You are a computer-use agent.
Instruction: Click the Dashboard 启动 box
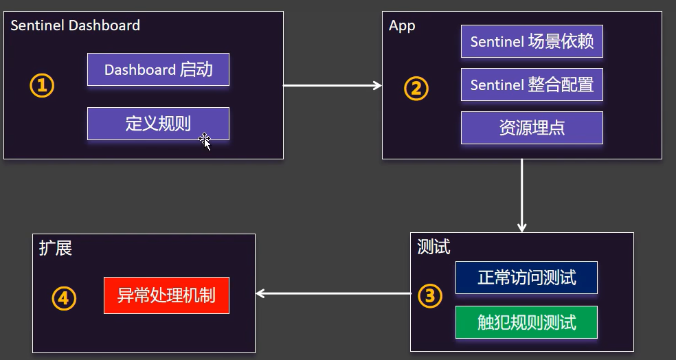[x=158, y=69]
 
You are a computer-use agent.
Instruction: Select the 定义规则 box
[x=158, y=124]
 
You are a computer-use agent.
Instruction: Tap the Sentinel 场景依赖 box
[x=532, y=41]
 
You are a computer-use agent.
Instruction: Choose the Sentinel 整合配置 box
[x=532, y=85]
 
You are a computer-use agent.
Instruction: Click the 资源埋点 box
[x=532, y=128]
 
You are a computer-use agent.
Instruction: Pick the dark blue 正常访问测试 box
[x=526, y=278]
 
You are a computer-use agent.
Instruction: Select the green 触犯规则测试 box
[x=526, y=322]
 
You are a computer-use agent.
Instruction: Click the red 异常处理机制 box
[x=166, y=295]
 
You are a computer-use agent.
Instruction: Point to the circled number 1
[x=41, y=86]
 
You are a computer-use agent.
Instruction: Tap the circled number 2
[x=416, y=89]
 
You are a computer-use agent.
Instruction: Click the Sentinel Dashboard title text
[x=76, y=26]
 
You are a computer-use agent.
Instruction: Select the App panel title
[x=402, y=26]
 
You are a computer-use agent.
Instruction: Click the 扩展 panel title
[x=56, y=248]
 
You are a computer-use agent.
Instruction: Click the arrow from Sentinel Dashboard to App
[x=333, y=85]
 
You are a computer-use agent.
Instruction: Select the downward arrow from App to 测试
[x=522, y=195]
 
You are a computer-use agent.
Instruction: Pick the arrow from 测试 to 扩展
[x=333, y=293]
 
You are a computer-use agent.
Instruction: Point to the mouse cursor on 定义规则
[x=205, y=141]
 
